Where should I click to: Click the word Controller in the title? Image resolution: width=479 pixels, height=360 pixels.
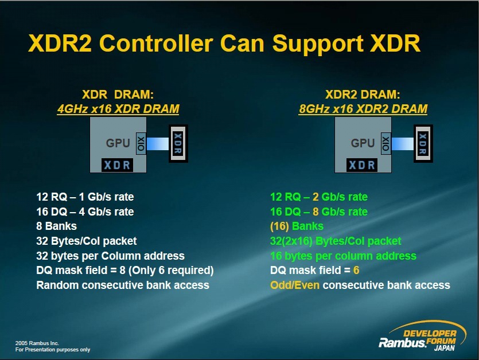click(x=156, y=44)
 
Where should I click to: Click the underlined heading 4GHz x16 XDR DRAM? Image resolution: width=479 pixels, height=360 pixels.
click(x=118, y=109)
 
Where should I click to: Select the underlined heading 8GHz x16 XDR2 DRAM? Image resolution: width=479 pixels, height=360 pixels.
click(x=363, y=109)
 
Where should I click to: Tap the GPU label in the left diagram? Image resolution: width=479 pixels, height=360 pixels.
click(x=118, y=143)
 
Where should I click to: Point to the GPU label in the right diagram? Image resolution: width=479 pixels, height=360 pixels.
click(x=363, y=143)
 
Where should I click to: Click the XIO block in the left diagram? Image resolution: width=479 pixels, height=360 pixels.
click(x=141, y=143)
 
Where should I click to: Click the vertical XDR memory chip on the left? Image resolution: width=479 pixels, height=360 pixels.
click(x=178, y=143)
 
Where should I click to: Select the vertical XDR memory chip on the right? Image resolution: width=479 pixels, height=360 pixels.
click(x=423, y=143)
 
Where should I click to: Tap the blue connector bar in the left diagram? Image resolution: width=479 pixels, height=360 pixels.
click(x=158, y=143)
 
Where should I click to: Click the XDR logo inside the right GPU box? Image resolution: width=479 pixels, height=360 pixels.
click(x=362, y=165)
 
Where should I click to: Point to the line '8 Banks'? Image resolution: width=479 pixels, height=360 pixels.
click(x=57, y=226)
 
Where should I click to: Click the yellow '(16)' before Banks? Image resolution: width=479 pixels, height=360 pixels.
click(x=279, y=226)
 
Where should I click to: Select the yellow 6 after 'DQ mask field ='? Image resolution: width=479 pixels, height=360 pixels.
click(x=356, y=270)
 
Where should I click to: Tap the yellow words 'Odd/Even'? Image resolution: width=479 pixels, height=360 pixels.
click(x=295, y=285)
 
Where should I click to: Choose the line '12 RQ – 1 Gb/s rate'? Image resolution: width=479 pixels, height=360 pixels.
click(x=85, y=197)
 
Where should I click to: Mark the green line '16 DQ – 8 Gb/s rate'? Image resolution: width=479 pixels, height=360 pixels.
click(x=319, y=212)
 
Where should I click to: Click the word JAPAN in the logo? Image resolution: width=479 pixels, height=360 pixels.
click(x=445, y=348)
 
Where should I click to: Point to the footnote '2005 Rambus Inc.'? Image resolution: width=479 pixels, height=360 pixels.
click(x=37, y=343)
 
